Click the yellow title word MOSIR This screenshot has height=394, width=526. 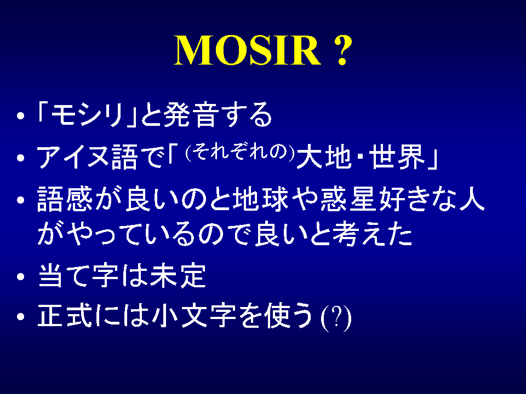click(x=248, y=50)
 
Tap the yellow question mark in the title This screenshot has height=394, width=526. click(x=342, y=50)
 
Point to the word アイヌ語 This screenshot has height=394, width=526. click(x=87, y=158)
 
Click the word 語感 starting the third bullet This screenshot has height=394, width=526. click(x=65, y=199)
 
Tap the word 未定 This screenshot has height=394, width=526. click(x=178, y=276)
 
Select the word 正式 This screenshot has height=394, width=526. click(x=65, y=315)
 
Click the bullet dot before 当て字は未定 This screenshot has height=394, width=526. click(x=21, y=277)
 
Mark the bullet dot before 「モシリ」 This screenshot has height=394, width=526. click(x=21, y=115)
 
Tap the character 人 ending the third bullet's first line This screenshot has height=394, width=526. click(x=472, y=199)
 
